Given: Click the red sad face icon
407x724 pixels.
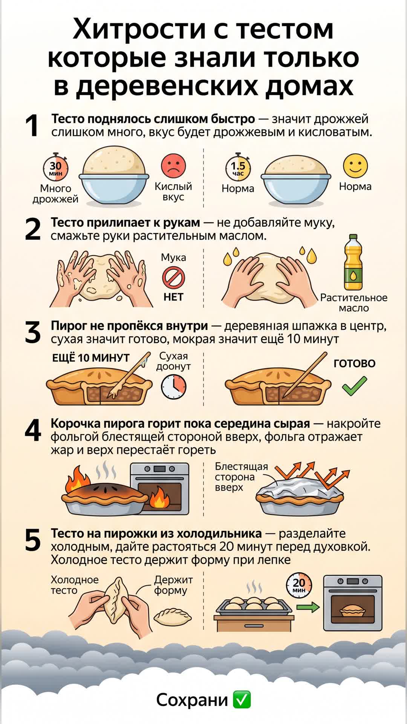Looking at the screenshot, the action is tap(173, 166).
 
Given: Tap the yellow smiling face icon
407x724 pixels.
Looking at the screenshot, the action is tap(355, 166).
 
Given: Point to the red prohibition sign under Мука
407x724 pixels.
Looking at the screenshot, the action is tap(173, 278).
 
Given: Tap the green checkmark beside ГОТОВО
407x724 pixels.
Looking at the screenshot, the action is tap(354, 386).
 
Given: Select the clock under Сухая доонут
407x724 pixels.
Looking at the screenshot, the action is tap(174, 387).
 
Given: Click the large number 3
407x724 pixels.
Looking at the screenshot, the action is tap(33, 333).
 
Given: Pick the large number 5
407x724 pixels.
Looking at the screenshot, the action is tap(33, 540).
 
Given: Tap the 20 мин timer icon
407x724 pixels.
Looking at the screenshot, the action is tap(299, 585).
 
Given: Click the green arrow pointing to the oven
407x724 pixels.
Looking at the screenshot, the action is tap(308, 607).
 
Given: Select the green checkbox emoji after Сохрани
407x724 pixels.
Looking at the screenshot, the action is tap(242, 700).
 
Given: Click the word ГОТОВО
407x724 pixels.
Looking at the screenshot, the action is tap(355, 364).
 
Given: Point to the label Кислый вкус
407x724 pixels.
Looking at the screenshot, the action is tap(173, 192).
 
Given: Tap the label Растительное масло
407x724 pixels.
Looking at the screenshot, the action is tap(353, 303).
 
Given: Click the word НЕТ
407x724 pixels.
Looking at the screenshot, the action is tap(173, 297).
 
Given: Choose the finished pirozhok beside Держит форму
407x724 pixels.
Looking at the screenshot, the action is tap(173, 617).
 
